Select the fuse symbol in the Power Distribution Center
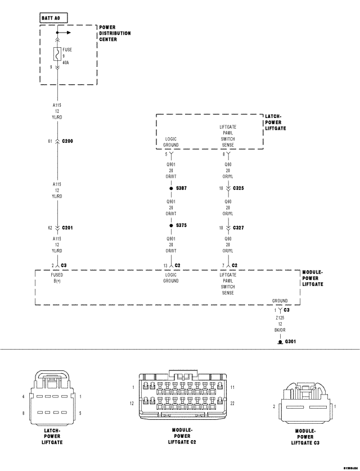[x=58, y=55]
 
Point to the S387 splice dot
[x=171, y=188]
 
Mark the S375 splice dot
[x=171, y=225]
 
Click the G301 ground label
[x=290, y=341]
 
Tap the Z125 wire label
[x=280, y=317]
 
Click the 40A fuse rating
[x=66, y=64]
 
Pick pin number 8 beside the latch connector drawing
[x=22, y=413]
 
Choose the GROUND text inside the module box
[x=280, y=301]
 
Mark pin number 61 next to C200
[x=51, y=141]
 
